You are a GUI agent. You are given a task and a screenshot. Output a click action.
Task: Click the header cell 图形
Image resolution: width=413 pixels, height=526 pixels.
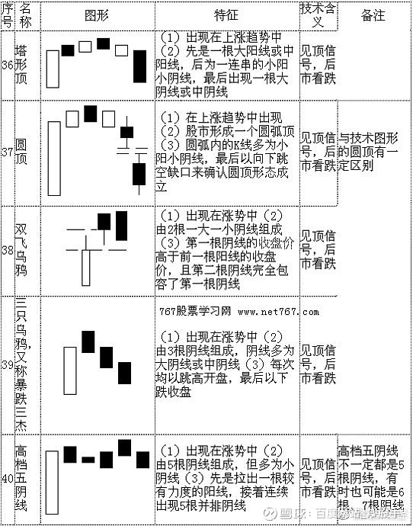tap(95, 15)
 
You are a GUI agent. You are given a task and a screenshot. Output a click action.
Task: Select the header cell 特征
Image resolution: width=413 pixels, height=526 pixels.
tap(226, 15)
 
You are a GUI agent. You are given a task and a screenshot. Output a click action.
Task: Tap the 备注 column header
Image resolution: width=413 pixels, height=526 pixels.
tap(373, 15)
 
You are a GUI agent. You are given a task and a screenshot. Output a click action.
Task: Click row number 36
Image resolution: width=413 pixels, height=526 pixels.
tap(7, 66)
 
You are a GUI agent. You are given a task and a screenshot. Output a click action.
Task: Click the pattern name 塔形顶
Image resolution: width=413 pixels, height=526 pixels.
tap(24, 66)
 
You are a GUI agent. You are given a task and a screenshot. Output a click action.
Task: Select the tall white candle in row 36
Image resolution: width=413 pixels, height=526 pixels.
tap(53, 71)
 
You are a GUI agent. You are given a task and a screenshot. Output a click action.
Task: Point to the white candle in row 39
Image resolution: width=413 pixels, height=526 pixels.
tap(70, 372)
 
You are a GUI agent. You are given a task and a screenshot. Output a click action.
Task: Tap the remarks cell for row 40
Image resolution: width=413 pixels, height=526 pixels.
tap(373, 476)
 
